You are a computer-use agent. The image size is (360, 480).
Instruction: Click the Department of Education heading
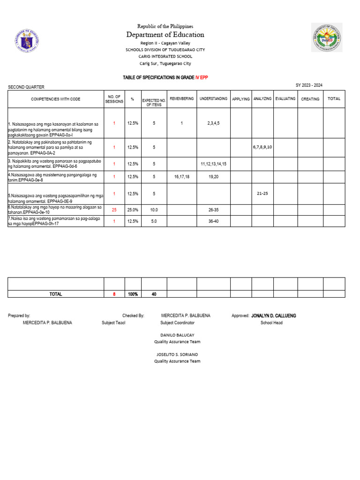pos(165,35)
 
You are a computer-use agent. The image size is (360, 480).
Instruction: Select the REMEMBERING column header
pos(181,99)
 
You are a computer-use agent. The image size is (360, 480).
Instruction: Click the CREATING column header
pos(310,99)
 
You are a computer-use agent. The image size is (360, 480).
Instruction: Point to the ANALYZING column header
pos(262,99)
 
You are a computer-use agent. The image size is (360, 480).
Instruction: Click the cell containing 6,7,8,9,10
pos(262,147)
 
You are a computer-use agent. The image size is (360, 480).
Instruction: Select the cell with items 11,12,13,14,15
pos(213,164)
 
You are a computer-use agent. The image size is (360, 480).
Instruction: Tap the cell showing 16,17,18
pos(181,177)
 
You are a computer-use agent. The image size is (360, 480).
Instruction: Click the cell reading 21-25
pos(262,194)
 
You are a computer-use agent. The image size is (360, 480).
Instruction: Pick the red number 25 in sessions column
pos(114,210)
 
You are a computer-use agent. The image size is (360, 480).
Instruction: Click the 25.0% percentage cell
pos(133,210)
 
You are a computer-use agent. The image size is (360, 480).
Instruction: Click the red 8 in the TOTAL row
pos(114,294)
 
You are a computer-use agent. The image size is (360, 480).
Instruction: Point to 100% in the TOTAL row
pos(133,294)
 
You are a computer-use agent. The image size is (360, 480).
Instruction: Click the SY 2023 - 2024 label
pos(309,85)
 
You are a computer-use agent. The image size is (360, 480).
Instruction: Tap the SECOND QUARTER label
pos(26,87)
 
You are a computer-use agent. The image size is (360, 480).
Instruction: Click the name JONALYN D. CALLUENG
pos(274,316)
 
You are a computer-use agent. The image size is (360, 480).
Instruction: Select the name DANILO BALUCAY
pos(177,335)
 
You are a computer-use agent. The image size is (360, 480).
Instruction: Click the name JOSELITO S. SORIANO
pos(177,354)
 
